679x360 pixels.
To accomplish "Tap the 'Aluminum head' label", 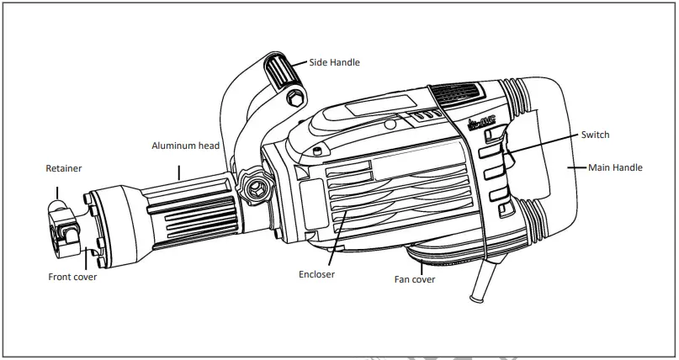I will click(185, 146).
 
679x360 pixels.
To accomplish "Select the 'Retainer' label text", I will click(64, 169).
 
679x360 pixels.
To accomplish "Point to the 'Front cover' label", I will click(72, 276).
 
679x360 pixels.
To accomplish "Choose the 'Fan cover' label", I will click(415, 279).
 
